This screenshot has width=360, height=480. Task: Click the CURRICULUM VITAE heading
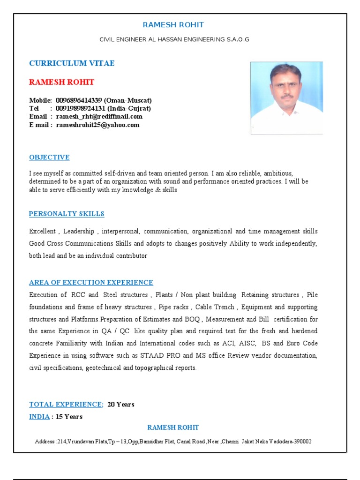[x=72, y=63]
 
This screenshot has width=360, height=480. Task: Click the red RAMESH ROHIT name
[x=61, y=82]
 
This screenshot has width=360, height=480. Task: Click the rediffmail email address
[x=99, y=116]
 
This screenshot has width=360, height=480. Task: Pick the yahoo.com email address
[x=97, y=125]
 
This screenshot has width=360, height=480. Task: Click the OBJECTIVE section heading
[x=49, y=157]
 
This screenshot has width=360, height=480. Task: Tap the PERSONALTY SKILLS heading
[x=67, y=214]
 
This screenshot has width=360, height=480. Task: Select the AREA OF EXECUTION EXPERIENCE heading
[x=91, y=282]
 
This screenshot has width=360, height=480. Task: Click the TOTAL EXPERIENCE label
[x=66, y=404]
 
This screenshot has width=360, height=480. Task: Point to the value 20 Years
[x=121, y=404]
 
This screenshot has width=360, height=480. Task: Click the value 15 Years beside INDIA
[x=69, y=416]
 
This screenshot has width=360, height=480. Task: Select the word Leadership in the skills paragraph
[x=79, y=231]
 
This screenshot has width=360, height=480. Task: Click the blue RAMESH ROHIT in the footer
[x=173, y=427]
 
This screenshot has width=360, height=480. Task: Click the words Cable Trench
[x=214, y=307]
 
